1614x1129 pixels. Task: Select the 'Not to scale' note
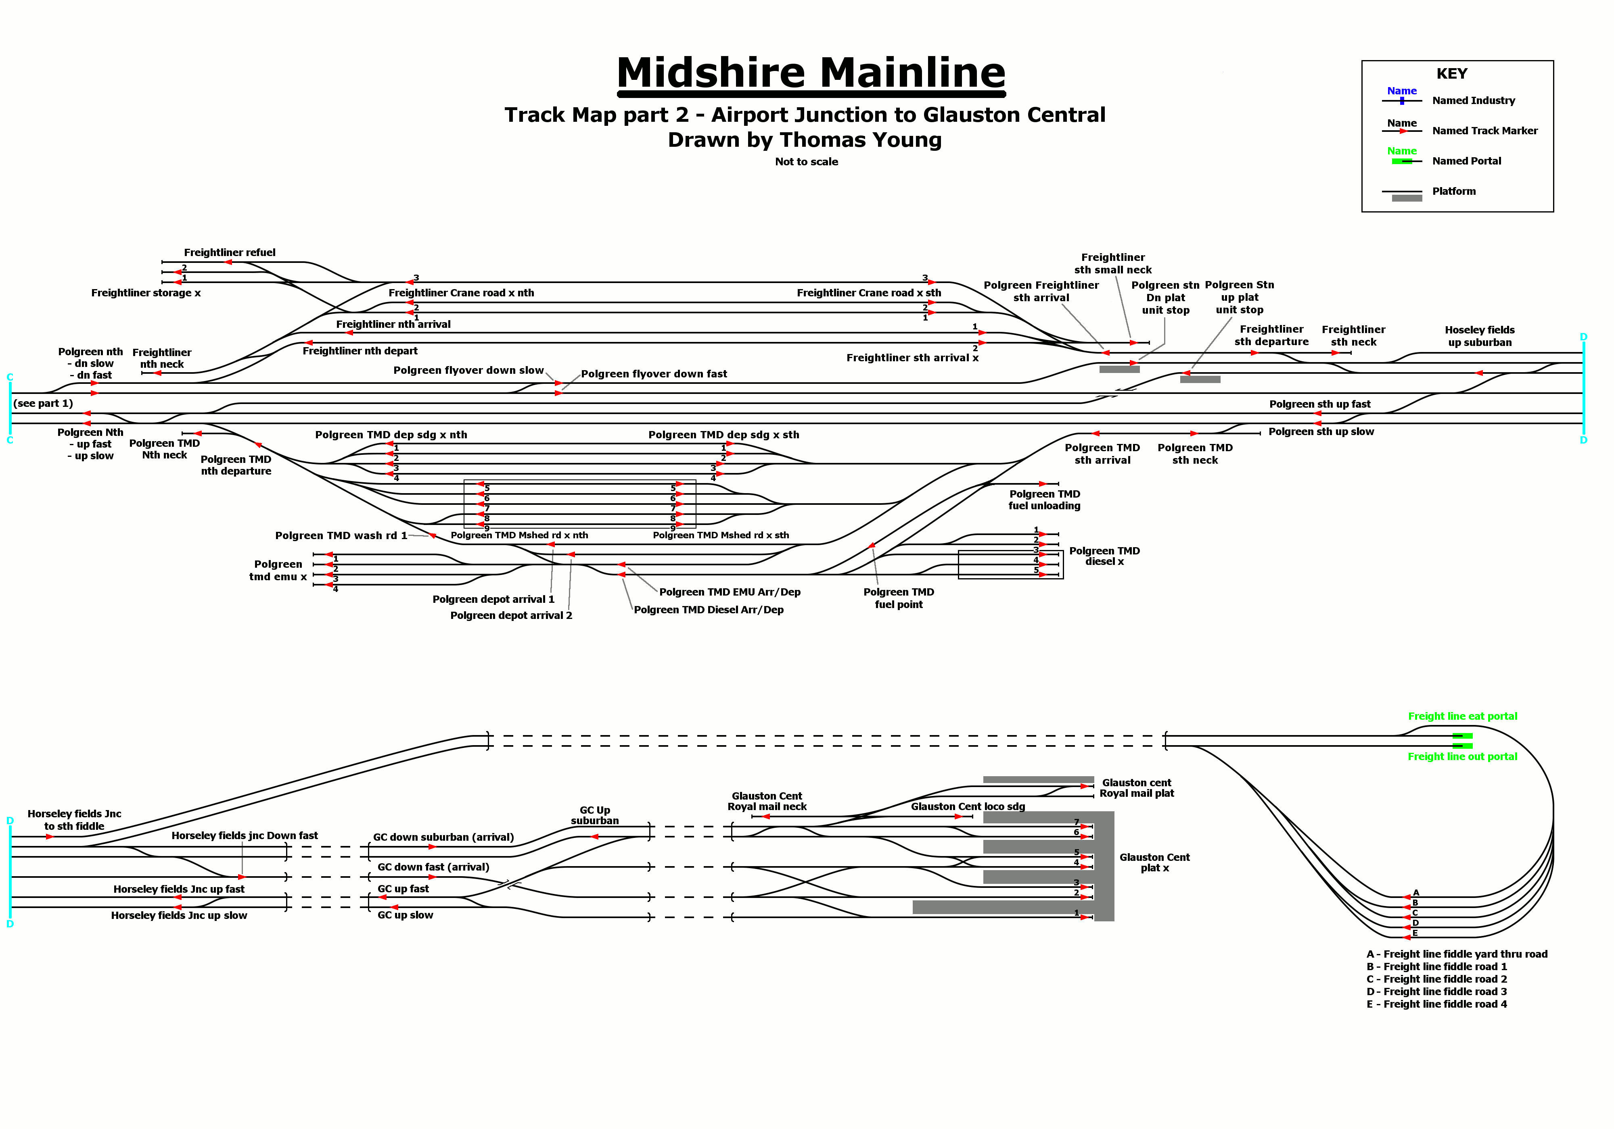806,162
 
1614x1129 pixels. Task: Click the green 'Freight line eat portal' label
1462,716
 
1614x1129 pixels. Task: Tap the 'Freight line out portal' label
1462,757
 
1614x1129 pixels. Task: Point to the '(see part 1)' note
43,403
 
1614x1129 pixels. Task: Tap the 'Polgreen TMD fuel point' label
898,598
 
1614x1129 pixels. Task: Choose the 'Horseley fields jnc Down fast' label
245,835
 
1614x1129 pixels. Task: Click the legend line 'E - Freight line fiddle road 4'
1436,1004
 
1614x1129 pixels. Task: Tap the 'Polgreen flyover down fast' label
654,374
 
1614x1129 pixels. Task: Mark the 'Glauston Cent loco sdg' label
967,806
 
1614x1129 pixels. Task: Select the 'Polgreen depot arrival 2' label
511,615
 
